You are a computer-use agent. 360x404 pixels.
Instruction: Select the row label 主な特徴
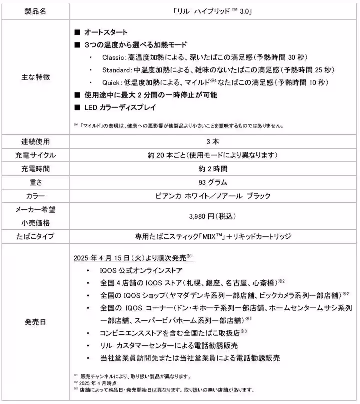[35, 77]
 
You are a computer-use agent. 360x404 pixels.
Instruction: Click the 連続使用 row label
[35, 142]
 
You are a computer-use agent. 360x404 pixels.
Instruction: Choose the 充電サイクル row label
[35, 155]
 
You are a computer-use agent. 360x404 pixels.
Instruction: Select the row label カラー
[35, 195]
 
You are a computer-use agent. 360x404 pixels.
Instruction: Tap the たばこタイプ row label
[35, 236]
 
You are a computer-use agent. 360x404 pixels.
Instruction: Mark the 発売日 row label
[35, 322]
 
